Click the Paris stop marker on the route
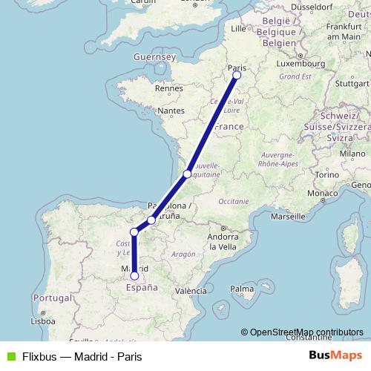coord(237,75)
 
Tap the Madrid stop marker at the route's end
coord(134,276)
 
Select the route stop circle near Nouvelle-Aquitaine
coord(187,174)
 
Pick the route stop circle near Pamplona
coord(151,220)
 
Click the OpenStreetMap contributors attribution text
coord(306,332)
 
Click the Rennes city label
coord(168,89)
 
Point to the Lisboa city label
coord(42,321)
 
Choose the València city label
coord(191,292)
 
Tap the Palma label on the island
coord(242,287)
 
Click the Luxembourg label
coord(301,64)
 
